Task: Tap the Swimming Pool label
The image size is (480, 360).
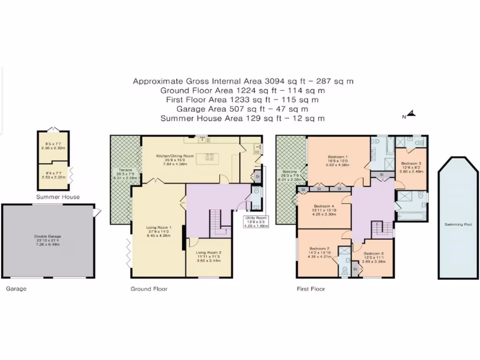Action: pos(454,225)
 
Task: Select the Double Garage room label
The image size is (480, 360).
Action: pos(48,236)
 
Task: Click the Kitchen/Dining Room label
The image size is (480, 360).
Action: pos(175,156)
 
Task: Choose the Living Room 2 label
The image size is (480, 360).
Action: pos(208,253)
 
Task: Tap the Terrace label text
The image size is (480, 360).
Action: pos(125,170)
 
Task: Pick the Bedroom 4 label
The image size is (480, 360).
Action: pos(324,206)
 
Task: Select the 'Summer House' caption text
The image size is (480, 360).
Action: pos(59,197)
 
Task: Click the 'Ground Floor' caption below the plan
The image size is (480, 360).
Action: pos(149,289)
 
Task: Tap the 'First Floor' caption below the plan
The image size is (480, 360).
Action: pos(311,289)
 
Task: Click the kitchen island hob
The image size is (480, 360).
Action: pos(208,157)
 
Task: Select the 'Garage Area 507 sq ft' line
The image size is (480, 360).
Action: pos(242,109)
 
